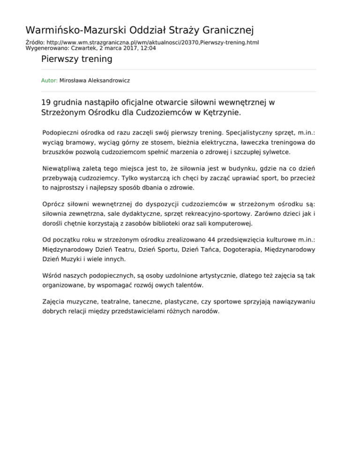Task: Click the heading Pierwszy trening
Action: (77, 59)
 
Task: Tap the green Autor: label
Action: (49, 81)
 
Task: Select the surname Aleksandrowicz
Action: (108, 81)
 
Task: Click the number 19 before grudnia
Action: (46, 102)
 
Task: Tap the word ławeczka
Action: (254, 143)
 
